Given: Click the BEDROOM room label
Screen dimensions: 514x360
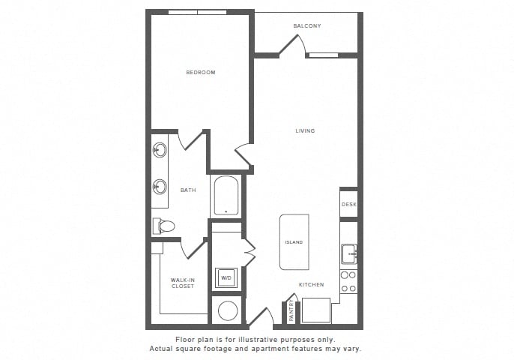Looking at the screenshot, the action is [201, 72].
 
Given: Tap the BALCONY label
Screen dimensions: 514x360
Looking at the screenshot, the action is [307, 26].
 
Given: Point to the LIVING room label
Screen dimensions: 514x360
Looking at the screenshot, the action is [305, 130].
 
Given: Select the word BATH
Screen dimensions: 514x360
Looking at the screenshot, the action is [188, 190].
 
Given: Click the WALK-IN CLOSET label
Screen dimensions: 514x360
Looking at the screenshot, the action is [183, 283].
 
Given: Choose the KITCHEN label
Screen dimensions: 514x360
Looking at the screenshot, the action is [312, 284].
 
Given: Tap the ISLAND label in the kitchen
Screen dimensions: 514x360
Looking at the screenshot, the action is [294, 242].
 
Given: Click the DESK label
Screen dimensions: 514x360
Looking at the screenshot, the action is [349, 205].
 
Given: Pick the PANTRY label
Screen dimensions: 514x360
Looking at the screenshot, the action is [291, 310].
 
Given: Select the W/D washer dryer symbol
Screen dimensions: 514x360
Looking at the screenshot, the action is [226, 278].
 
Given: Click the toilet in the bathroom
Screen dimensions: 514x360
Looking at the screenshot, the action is [163, 226].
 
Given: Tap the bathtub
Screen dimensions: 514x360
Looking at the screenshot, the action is [226, 196].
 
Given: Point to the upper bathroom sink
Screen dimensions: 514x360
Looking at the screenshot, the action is [160, 150].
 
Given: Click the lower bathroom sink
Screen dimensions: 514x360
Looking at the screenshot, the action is [160, 187].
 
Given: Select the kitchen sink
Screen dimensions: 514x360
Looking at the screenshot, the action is [349, 253].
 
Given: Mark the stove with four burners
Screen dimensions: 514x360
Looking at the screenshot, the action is [348, 281].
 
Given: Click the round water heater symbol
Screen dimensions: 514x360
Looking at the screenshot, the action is [228, 310].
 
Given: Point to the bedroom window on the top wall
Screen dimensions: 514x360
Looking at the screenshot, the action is [197, 12].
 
